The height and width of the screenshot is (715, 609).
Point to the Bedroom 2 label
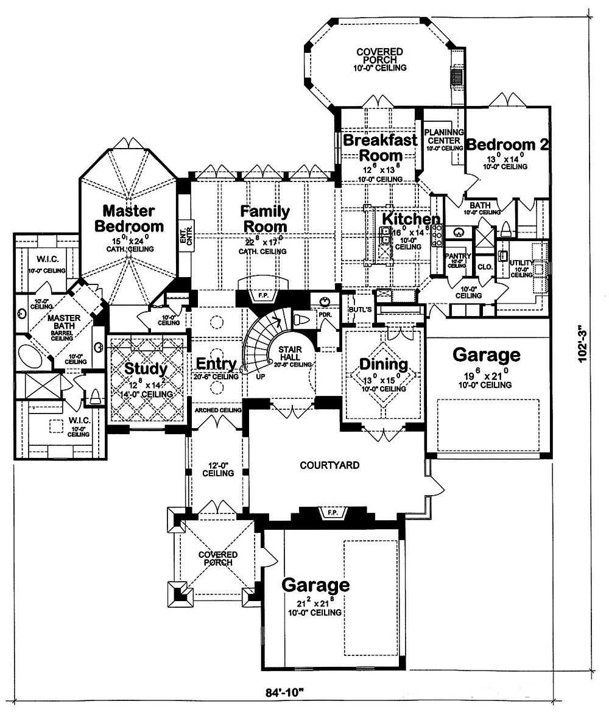[x=508, y=145]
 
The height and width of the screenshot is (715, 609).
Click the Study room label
[x=146, y=369]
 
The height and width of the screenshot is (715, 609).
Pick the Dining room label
[x=383, y=364]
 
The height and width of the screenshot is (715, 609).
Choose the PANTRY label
[x=457, y=256]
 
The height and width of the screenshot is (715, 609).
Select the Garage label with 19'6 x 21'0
[x=487, y=354]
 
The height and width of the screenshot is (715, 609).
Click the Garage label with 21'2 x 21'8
[x=315, y=585]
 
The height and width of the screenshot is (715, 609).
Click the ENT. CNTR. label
[x=185, y=236]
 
